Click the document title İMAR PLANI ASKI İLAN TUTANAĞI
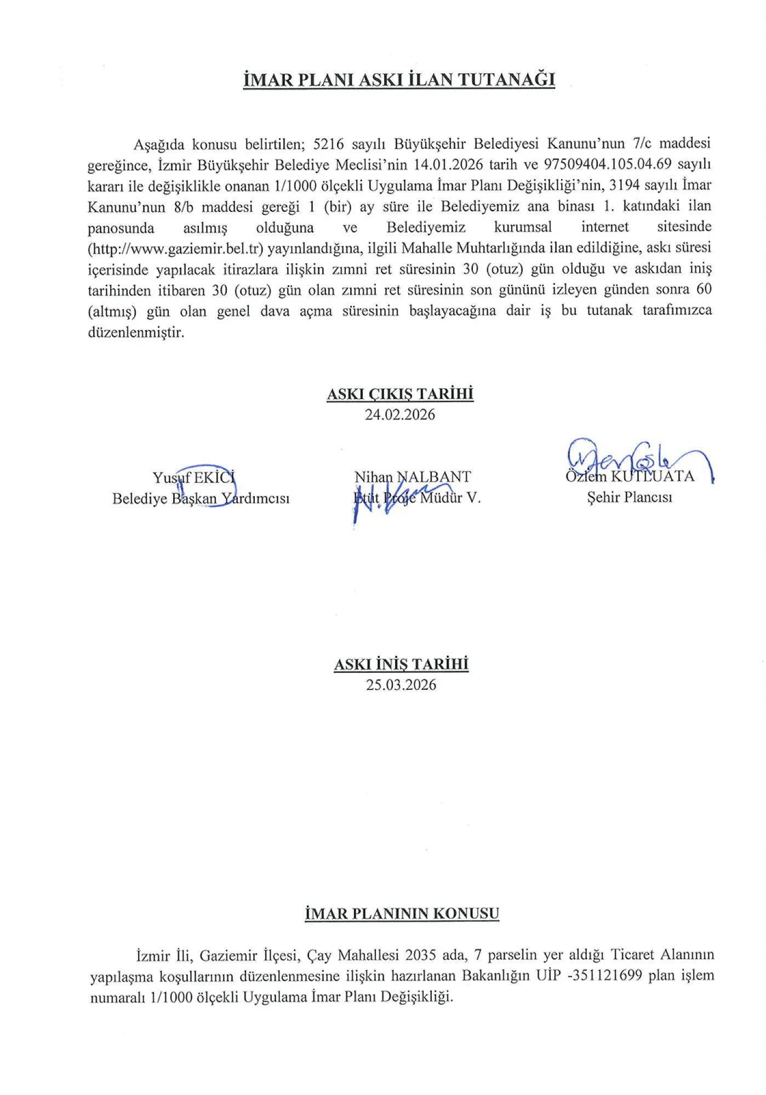tap(399, 80)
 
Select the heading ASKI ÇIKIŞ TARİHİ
tap(400, 394)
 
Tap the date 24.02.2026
tap(400, 414)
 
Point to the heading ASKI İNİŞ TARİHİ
tap(401, 664)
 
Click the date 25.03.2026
tap(401, 685)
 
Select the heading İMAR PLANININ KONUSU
tap(402, 914)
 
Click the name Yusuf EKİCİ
tap(194, 477)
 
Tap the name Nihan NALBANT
tap(412, 477)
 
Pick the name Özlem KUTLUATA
tap(630, 476)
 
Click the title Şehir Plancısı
tap(630, 498)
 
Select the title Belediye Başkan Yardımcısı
tap(201, 499)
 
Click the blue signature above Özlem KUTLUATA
tap(636, 457)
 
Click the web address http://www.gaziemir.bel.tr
tap(175, 249)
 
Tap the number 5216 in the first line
tap(328, 144)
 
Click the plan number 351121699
tap(608, 975)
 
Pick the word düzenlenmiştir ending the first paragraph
tap(136, 332)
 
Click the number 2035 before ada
tap(421, 955)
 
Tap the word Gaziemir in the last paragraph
tap(228, 955)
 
